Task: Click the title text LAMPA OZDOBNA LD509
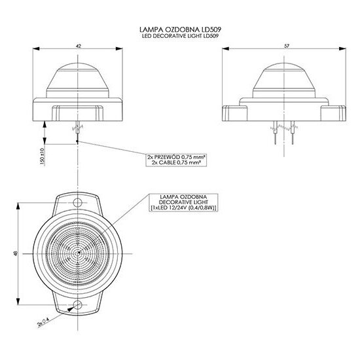tap(179, 29)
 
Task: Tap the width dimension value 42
tap(78, 46)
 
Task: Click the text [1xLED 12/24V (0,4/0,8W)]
tap(184, 208)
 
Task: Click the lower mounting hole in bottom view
tap(78, 306)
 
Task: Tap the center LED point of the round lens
tap(78, 253)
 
